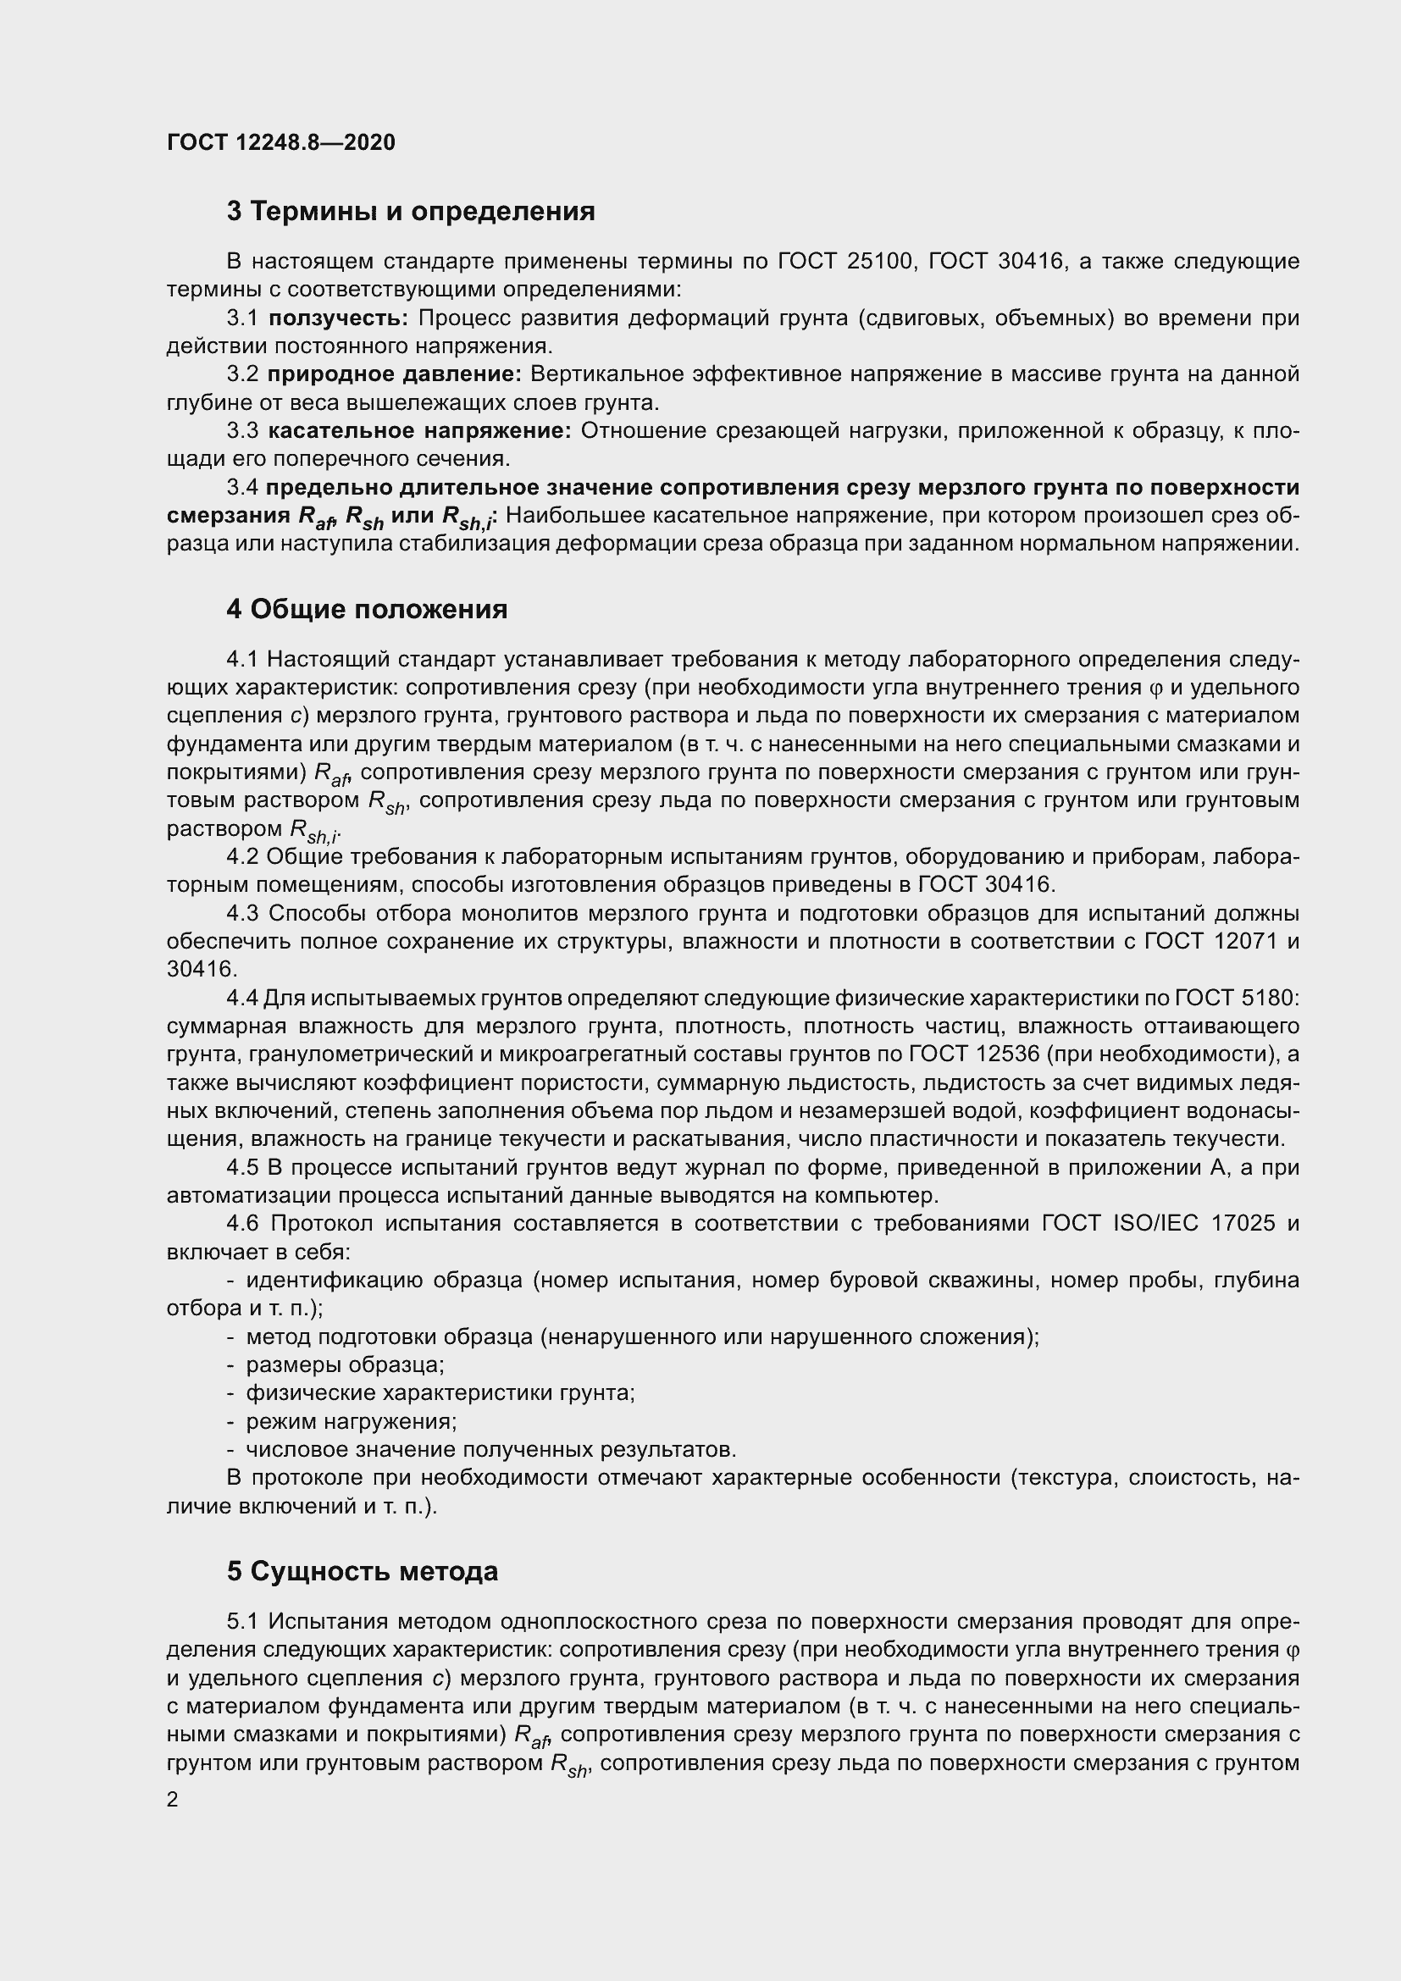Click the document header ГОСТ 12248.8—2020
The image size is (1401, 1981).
(281, 142)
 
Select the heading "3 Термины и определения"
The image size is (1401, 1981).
(411, 212)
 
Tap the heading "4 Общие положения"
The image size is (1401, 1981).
(367, 609)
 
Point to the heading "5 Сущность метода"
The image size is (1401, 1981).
(363, 1571)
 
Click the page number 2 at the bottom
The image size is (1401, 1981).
(173, 1800)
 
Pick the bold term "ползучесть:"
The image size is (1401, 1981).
(338, 318)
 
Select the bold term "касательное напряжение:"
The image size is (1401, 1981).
(420, 430)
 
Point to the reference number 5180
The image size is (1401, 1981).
(1269, 999)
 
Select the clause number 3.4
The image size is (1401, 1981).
(242, 488)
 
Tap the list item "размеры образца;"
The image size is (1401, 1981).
(345, 1365)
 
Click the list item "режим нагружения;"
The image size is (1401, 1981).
(352, 1421)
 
